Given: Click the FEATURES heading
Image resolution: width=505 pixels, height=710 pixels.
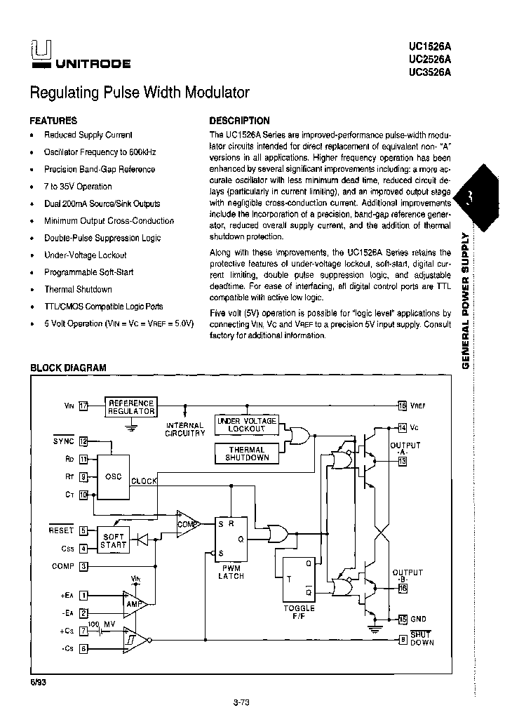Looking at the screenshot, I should pos(53,121).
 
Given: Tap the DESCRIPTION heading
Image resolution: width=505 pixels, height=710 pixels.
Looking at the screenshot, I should pos(239,121).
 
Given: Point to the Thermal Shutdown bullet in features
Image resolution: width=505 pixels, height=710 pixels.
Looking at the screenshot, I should pos(78,289).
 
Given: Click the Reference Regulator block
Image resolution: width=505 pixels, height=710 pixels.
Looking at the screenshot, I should pos(130,408).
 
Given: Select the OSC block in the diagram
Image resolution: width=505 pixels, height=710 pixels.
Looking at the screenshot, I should pos(114,476).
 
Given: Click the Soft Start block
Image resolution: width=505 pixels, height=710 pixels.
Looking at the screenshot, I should pos(114,540).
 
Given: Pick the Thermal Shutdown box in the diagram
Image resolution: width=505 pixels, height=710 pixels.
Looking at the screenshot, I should pos(247,454).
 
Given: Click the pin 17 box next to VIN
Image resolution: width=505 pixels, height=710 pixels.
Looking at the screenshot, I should pos(83,406).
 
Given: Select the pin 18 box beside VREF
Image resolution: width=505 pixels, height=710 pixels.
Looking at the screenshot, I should pos(402,406).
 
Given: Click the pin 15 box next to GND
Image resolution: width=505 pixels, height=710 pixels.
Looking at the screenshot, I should pos(402,619).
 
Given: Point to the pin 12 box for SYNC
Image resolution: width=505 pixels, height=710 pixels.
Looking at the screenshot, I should pos(83,441).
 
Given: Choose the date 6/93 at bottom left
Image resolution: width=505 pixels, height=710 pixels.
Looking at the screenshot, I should pos(39,682).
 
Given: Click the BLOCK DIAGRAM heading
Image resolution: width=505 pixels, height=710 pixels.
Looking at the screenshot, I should pos(68,368).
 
